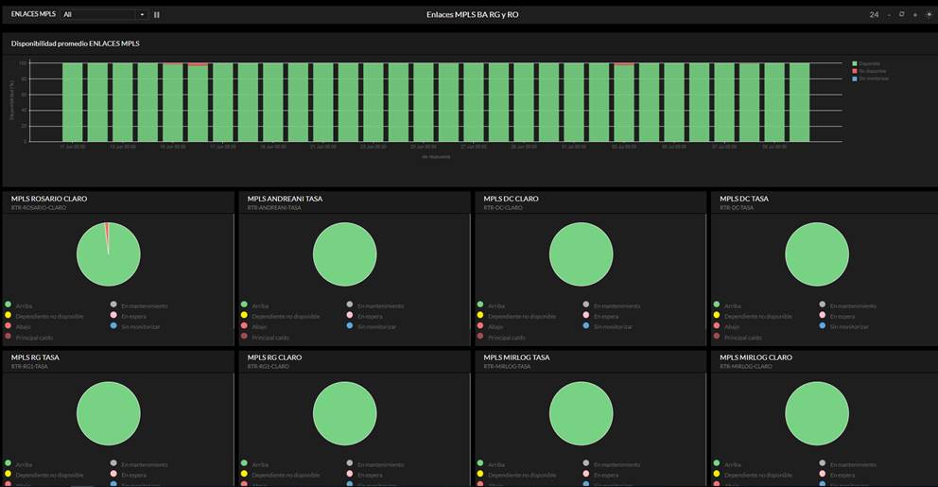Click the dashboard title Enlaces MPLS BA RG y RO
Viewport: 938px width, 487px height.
pyautogui.click(x=472, y=14)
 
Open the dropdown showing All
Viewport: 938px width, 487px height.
pyautogui.click(x=104, y=15)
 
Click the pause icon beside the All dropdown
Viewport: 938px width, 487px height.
pyautogui.click(x=157, y=15)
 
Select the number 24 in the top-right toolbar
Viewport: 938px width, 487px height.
pyautogui.click(x=874, y=15)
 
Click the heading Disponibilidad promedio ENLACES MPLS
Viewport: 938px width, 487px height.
pyautogui.click(x=76, y=43)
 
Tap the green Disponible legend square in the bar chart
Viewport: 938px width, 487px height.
pyautogui.click(x=854, y=63)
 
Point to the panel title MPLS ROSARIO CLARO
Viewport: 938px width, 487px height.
pyautogui.click(x=49, y=199)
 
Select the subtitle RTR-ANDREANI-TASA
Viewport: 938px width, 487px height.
pyautogui.click(x=274, y=207)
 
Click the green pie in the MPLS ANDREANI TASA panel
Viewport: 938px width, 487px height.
pyautogui.click(x=344, y=254)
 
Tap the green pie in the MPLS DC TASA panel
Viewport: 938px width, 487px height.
pyautogui.click(x=817, y=254)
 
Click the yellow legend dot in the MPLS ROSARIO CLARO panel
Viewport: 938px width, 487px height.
pyautogui.click(x=8, y=316)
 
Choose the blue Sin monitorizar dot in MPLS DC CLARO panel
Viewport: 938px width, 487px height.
pyautogui.click(x=585, y=326)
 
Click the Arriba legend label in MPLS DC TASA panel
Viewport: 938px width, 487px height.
pyautogui.click(x=733, y=305)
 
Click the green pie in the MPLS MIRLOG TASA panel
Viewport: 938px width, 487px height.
pyautogui.click(x=581, y=413)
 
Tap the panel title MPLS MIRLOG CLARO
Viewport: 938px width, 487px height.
pyautogui.click(x=756, y=357)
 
